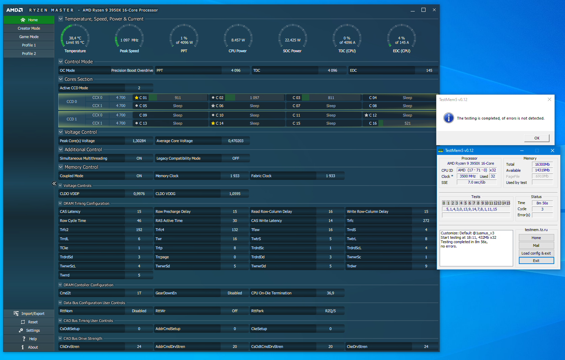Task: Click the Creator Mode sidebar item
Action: point(29,28)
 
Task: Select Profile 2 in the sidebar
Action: point(29,54)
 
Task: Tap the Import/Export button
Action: point(29,314)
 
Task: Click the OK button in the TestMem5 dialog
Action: point(537,138)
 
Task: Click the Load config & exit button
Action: point(536,253)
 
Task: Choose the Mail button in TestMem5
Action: point(536,246)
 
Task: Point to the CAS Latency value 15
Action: point(139,211)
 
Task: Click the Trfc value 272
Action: point(426,221)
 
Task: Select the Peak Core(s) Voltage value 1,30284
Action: point(139,141)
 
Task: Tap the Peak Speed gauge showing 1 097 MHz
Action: point(129,40)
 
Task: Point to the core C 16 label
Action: point(373,123)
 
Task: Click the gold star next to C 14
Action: point(213,123)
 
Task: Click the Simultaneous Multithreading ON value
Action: point(139,158)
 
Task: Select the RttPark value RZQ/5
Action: point(330,311)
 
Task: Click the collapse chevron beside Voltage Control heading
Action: point(61,132)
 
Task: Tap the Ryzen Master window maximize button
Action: point(423,10)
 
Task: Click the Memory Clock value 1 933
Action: point(235,176)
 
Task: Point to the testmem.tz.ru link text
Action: point(536,230)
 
